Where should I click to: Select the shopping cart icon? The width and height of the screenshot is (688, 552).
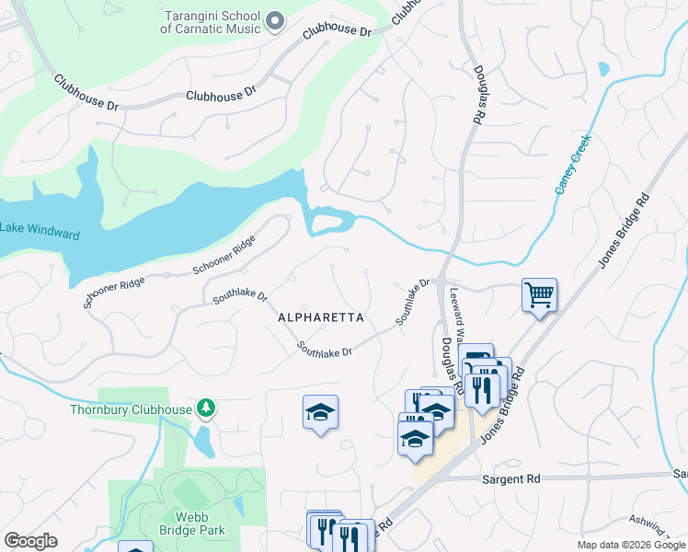click(x=539, y=295)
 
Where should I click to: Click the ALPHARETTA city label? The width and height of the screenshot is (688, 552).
click(x=321, y=317)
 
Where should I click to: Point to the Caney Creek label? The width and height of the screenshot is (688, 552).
click(x=571, y=164)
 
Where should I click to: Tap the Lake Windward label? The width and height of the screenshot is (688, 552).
click(x=40, y=231)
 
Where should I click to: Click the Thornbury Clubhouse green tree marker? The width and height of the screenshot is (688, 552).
click(x=207, y=408)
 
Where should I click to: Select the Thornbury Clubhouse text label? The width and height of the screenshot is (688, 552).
click(x=130, y=409)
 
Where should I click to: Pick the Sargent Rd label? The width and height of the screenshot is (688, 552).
click(x=510, y=479)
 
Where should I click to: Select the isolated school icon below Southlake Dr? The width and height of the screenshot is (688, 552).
click(x=320, y=413)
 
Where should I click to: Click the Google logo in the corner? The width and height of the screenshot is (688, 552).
click(x=30, y=541)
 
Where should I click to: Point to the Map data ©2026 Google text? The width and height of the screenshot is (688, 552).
click(x=630, y=545)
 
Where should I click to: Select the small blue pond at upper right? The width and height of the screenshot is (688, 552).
click(x=603, y=69)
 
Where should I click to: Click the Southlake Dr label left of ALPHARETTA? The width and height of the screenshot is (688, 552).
click(x=240, y=296)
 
